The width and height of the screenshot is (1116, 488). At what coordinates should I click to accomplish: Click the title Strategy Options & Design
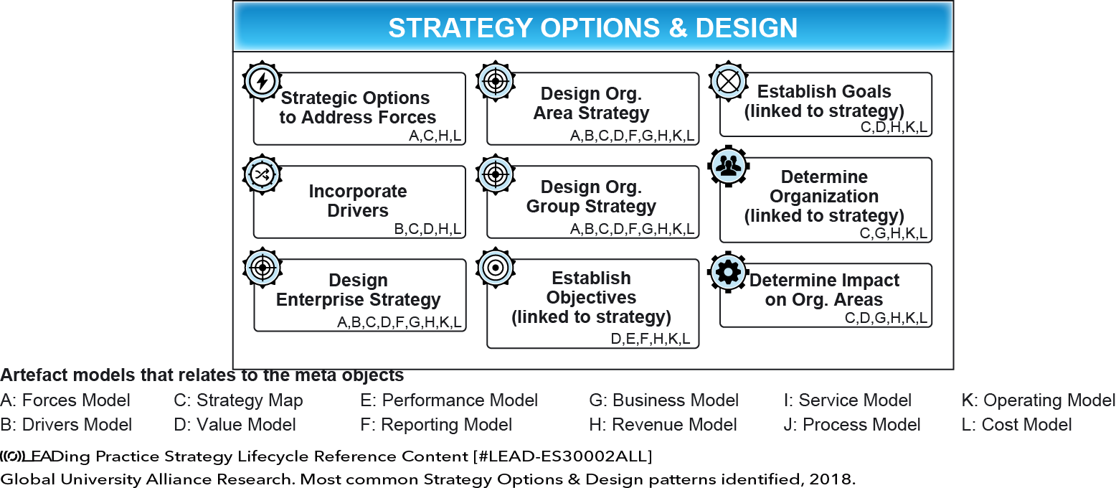coord(593,28)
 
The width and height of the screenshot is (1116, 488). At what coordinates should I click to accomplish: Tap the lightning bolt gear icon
coord(262,81)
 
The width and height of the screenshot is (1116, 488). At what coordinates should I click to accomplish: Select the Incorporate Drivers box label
coord(358,200)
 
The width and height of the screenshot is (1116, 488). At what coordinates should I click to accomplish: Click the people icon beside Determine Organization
coord(729,166)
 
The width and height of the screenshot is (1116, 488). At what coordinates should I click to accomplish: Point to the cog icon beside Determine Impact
coord(728,272)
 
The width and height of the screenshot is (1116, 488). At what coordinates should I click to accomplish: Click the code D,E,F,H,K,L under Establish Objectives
coord(651,339)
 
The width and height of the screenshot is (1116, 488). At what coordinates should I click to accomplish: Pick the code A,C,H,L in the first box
coord(435,136)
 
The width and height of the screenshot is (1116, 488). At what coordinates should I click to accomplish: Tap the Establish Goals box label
coord(824,101)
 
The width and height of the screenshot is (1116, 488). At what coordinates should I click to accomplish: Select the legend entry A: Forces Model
coord(65,400)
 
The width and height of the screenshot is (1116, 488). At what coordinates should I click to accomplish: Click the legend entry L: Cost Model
coord(1016,425)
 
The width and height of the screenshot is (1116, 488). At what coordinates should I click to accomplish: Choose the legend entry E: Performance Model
coord(449,400)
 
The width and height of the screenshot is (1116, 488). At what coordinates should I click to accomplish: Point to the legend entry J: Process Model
coord(851,425)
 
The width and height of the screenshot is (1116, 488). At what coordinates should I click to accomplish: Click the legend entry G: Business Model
coord(663,400)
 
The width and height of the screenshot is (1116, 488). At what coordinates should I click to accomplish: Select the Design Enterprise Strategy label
coord(358,290)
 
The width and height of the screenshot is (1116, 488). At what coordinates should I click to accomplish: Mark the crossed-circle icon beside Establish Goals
coord(729,81)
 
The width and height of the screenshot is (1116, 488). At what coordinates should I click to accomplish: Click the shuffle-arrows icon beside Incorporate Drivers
coord(262,174)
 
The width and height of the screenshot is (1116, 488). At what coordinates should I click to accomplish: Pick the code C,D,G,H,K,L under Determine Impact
coord(886,318)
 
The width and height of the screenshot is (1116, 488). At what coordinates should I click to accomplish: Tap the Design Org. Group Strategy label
coord(592,197)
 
